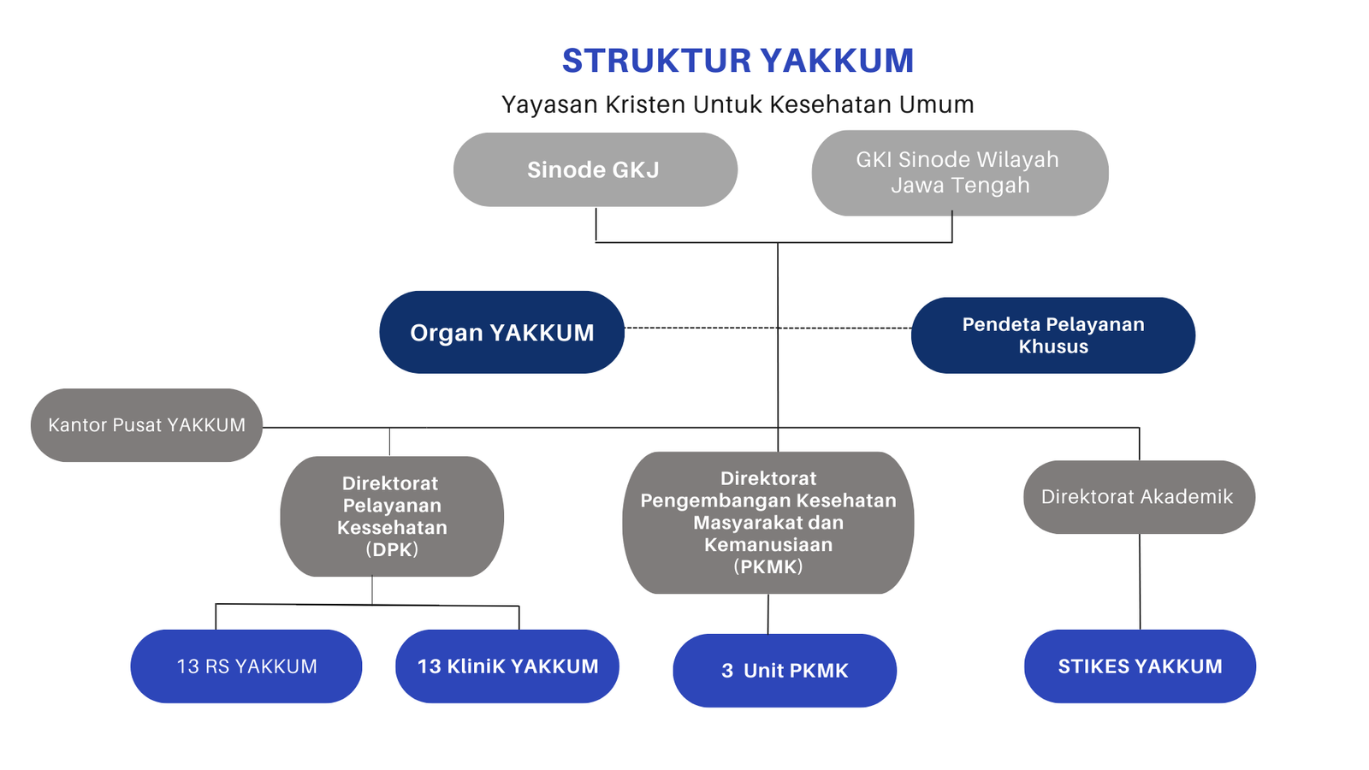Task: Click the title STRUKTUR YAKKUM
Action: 738,61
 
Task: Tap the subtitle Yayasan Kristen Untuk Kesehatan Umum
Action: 738,104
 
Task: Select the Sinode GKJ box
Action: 595,169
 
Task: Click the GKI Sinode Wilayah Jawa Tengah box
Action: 959,173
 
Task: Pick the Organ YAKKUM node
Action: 501,332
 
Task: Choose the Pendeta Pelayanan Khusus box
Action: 1052,335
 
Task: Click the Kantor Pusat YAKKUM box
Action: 146,425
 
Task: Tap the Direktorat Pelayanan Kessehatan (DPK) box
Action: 392,516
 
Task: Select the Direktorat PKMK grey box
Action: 767,522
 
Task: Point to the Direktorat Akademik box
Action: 1138,497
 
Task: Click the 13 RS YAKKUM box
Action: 246,666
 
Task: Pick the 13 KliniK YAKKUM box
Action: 507,666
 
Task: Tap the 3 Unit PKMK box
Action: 785,671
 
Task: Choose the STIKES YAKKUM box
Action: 1140,666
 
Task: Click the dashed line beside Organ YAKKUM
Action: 702,328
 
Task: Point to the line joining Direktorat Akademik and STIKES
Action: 1140,582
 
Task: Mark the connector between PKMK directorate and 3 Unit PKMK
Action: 768,613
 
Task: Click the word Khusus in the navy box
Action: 1053,346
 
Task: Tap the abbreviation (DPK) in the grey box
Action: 392,550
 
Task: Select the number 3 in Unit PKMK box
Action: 727,671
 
